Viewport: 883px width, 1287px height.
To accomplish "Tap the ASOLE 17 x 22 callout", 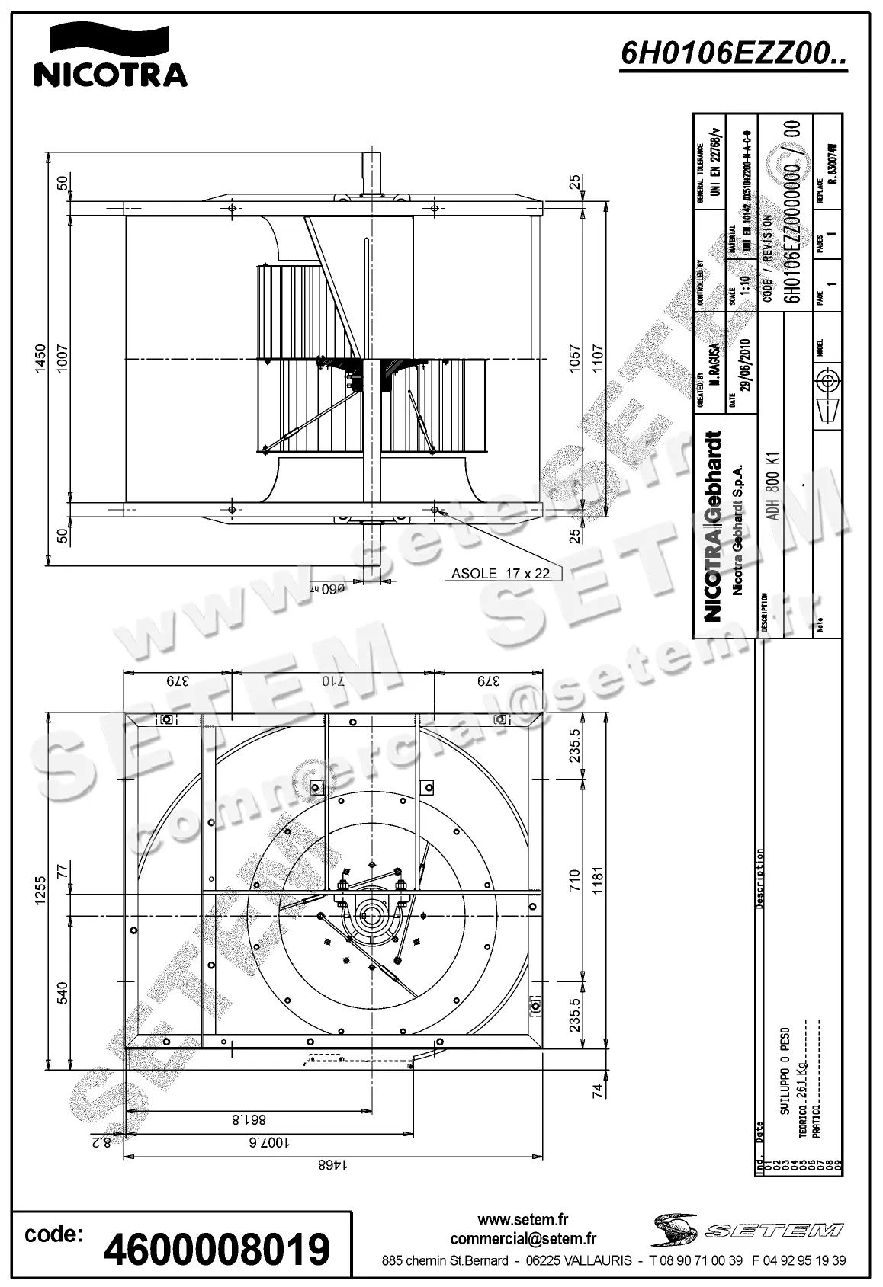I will pyautogui.click(x=500, y=574).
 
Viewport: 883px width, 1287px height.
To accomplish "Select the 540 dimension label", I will pyautogui.click(x=63, y=992).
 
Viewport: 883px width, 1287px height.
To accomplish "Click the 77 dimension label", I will pyautogui.click(x=63, y=869).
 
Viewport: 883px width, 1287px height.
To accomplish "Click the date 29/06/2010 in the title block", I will pyautogui.click(x=744, y=364).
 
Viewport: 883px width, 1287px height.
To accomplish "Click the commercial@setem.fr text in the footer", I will pyautogui.click(x=523, y=1240).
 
